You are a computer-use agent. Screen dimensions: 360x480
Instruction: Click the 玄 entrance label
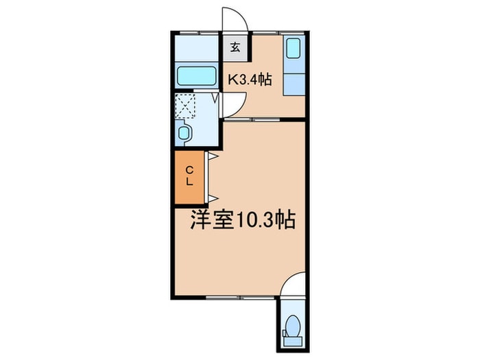click(235, 47)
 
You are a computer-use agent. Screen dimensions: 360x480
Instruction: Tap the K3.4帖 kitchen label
click(250, 80)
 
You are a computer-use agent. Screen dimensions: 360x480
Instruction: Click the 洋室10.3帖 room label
click(243, 220)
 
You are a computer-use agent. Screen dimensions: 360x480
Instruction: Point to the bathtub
click(196, 75)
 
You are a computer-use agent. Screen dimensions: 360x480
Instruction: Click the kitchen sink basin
click(293, 49)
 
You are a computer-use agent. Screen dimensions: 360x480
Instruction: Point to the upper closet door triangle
click(213, 157)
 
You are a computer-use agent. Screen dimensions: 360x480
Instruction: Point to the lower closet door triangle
click(213, 197)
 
